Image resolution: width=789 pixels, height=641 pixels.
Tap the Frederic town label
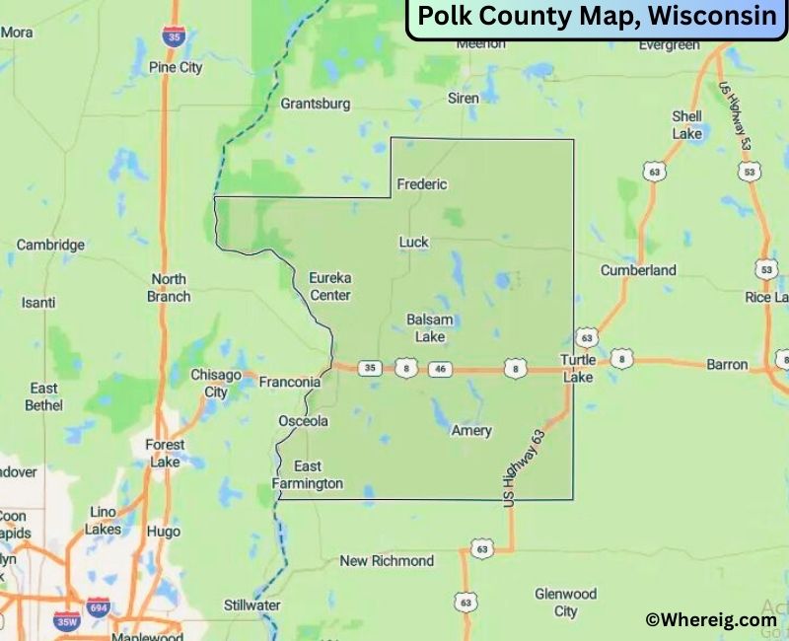(x=421, y=184)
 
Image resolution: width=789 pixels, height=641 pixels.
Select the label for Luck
(x=414, y=242)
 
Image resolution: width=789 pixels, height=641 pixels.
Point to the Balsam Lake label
(x=430, y=328)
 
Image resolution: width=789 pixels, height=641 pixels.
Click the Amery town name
(x=470, y=431)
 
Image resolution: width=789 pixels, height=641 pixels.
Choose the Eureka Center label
(x=330, y=286)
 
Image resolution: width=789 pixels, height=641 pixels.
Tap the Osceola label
(x=303, y=421)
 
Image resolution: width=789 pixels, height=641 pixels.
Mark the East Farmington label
(x=308, y=475)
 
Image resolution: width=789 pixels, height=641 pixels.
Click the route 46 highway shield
(x=440, y=369)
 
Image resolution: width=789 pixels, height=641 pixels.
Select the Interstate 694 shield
(x=97, y=607)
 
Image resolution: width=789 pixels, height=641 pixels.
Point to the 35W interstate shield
(x=67, y=621)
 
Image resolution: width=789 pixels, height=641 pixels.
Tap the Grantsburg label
(x=316, y=104)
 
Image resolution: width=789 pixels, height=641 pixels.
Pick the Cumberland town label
(x=639, y=270)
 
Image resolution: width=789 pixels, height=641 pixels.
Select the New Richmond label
(x=387, y=561)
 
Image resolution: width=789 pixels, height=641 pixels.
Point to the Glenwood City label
(x=565, y=603)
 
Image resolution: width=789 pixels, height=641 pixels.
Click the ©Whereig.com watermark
(x=710, y=619)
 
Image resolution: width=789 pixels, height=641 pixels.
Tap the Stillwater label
(x=252, y=605)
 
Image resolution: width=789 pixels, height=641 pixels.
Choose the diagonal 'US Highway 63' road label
(x=524, y=468)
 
